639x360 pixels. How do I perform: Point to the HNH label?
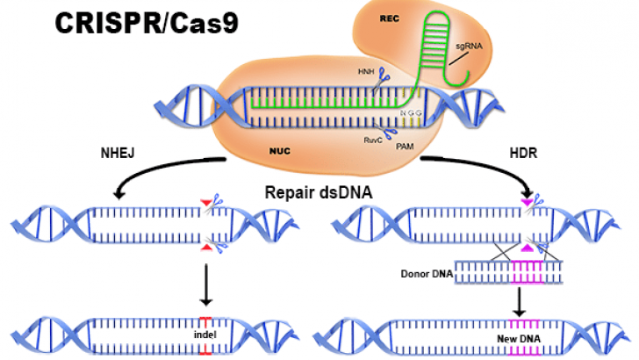[363, 71]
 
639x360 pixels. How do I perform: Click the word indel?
[205, 334]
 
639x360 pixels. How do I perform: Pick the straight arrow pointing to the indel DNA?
[204, 286]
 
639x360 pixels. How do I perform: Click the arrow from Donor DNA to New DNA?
[520, 302]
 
